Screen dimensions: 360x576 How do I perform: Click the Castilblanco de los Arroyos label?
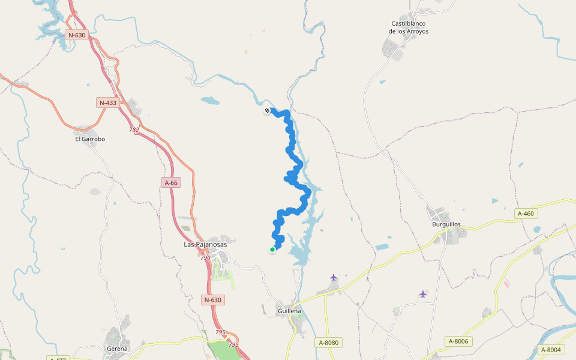[x=409, y=28]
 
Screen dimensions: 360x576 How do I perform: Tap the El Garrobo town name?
[x=90, y=139]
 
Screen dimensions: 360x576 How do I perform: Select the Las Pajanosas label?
[x=205, y=245]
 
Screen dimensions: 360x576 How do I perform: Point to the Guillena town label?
[x=290, y=311]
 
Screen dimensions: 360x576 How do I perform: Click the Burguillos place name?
[x=446, y=224]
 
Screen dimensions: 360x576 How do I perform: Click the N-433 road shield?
[x=107, y=103]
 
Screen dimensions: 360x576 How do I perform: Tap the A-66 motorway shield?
[x=171, y=182]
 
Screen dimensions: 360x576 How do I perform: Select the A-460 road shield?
[x=525, y=214]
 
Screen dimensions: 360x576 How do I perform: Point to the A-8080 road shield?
[x=328, y=343]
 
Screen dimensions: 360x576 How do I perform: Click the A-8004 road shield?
[x=550, y=350]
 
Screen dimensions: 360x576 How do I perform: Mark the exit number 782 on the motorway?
[x=134, y=130]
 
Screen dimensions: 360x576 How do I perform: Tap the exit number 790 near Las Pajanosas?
[x=205, y=258]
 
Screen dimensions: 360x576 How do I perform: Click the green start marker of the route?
[x=272, y=250]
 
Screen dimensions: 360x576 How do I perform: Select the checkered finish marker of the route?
[x=267, y=110]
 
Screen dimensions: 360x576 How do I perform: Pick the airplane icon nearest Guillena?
[x=334, y=277]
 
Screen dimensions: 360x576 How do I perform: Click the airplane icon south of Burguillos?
[x=423, y=294]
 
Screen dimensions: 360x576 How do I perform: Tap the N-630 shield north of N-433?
[x=77, y=35]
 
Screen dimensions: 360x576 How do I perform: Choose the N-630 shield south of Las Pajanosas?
[x=213, y=300]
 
